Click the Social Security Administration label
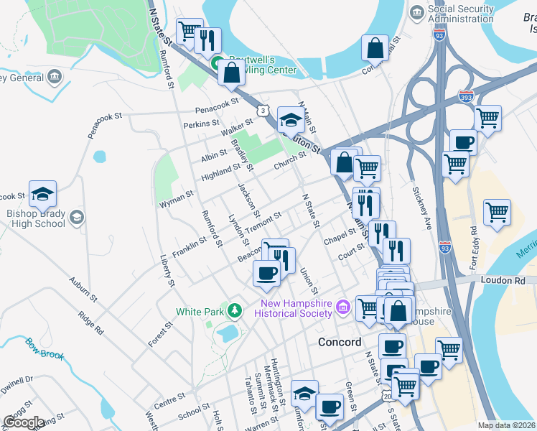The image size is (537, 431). (x=460, y=14)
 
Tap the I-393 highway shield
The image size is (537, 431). (x=466, y=95)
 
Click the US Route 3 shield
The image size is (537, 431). (x=263, y=110)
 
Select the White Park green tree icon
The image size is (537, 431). (x=233, y=311)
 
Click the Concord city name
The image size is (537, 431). (x=340, y=342)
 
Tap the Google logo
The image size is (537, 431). (x=24, y=422)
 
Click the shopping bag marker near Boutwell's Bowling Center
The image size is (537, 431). (x=231, y=73)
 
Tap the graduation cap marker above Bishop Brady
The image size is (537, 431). (x=42, y=193)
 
